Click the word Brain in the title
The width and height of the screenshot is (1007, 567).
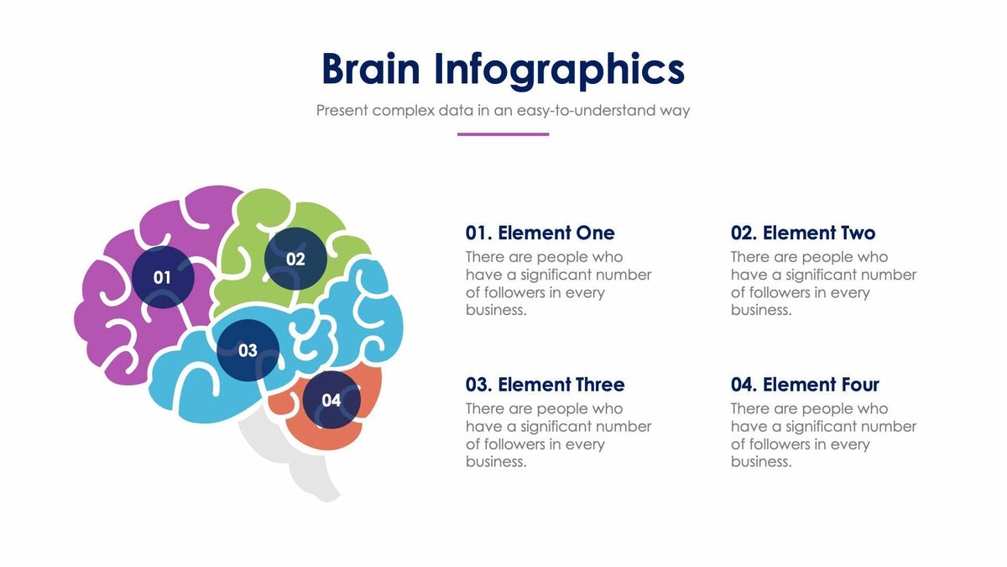pos(370,69)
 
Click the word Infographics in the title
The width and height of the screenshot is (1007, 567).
pos(559,71)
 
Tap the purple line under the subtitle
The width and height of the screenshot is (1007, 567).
pos(503,134)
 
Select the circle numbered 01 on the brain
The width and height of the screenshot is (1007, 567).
pos(163,277)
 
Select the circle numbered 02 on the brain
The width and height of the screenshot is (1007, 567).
pos(295,259)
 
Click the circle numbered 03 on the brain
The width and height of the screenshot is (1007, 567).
pos(248,350)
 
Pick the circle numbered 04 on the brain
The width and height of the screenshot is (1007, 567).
pos(331,400)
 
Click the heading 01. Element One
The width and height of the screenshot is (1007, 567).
pos(540,233)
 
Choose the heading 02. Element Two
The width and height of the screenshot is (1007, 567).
pos(802,233)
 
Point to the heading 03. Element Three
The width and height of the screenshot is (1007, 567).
pos(545,385)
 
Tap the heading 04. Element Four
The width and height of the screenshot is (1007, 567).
pos(804,385)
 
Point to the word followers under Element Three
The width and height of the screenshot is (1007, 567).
pos(514,444)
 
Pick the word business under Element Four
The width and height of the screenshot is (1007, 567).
pos(759,462)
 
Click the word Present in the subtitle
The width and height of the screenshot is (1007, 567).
pos(342,110)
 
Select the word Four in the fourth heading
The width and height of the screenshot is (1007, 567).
pos(857,385)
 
